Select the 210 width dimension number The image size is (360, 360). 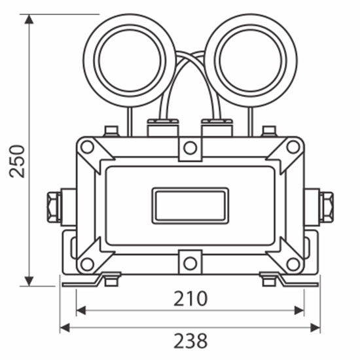pyautogui.click(x=190, y=298)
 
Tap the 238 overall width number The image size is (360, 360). pyautogui.click(x=190, y=341)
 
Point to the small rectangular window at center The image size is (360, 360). pyautogui.click(x=190, y=206)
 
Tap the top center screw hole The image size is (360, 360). pyautogui.click(x=190, y=148)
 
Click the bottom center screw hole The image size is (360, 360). pyautogui.click(x=190, y=263)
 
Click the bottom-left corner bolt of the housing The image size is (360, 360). pyautogui.click(x=87, y=264)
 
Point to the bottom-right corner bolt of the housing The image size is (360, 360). pyautogui.click(x=293, y=264)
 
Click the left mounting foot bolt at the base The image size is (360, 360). pyautogui.click(x=111, y=281)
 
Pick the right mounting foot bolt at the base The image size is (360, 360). pyautogui.click(x=268, y=281)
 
